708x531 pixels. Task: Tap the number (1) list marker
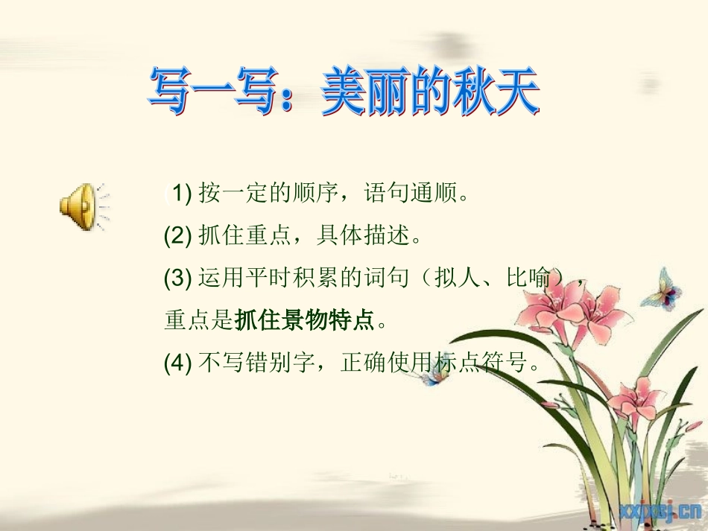178,196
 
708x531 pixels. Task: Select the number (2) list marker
178,238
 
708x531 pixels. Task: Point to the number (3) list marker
178,279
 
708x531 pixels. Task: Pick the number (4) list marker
178,363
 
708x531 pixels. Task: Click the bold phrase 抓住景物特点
304,322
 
